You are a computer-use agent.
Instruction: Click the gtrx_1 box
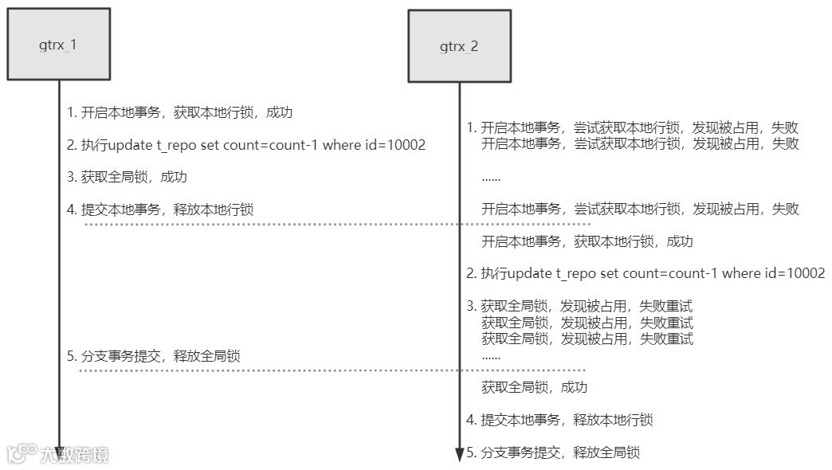click(x=58, y=44)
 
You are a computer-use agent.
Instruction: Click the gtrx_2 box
click(x=459, y=45)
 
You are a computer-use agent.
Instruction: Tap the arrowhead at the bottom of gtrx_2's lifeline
click(x=459, y=455)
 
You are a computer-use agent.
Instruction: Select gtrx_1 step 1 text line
click(x=180, y=112)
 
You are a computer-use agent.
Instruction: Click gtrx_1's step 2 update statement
click(x=246, y=145)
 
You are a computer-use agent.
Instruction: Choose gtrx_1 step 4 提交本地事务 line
click(x=160, y=210)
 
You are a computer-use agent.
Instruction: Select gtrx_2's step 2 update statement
click(x=646, y=273)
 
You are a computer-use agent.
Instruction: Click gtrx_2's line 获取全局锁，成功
click(x=534, y=387)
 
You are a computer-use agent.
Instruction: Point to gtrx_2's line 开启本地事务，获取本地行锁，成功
click(x=587, y=241)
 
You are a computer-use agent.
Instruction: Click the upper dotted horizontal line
click(x=335, y=225)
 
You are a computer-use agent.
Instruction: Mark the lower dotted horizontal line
click(x=335, y=370)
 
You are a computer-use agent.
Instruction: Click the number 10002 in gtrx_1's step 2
click(x=405, y=145)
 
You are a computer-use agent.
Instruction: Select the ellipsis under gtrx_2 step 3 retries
click(x=491, y=356)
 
